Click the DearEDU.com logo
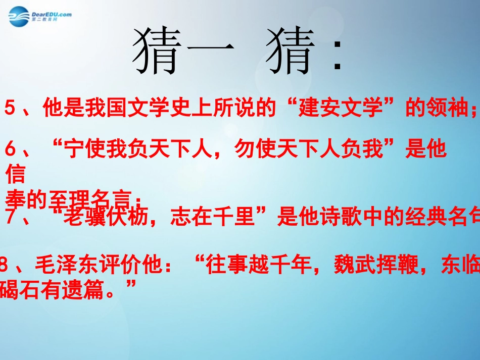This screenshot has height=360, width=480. tap(39, 17)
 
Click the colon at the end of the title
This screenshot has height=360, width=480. tap(338, 57)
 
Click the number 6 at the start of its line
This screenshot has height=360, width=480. tap(11, 150)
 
